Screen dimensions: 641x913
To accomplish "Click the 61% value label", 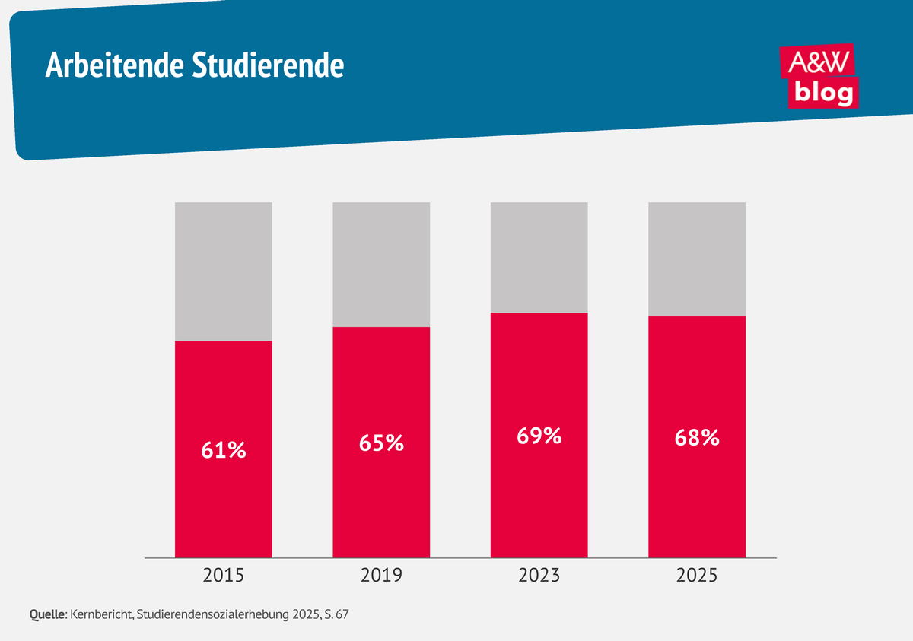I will coord(224,450).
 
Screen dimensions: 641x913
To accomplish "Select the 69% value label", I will coord(539,436).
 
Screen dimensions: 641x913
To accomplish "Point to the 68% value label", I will coord(697,438).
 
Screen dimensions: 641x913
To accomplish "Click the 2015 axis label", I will coord(224,576).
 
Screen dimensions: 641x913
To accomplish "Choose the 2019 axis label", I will coord(381,576).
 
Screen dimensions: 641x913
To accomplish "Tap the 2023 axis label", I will coord(539,576).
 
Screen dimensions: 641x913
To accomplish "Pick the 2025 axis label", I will coord(697,576).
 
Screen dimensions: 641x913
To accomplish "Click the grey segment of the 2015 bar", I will coord(224,271).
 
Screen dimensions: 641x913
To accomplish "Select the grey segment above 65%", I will coord(381,265).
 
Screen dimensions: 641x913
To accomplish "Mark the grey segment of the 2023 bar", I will coord(539,257).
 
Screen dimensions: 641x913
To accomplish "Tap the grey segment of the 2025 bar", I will coord(697,259).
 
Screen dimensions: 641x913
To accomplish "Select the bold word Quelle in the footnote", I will coord(47,613).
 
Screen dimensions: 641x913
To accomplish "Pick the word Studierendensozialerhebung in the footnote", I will coord(210,613).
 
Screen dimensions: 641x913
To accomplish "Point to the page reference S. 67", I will coord(334,613).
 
